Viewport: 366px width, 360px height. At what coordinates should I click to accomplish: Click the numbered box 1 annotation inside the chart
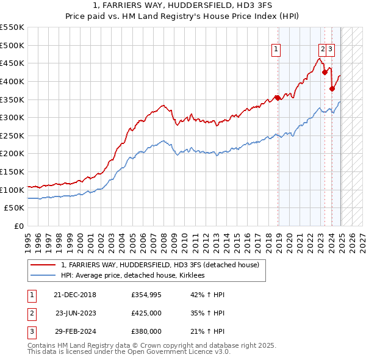click(x=276, y=50)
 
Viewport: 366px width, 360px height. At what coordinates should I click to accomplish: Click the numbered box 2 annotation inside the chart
click(x=322, y=50)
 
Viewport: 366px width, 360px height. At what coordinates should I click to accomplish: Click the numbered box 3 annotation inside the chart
click(x=330, y=50)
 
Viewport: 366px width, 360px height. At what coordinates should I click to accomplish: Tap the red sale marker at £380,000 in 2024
click(x=332, y=88)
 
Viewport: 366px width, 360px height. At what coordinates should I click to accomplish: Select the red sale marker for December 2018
click(x=278, y=97)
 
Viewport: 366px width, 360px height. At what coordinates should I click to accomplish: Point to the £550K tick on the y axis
click(x=13, y=27)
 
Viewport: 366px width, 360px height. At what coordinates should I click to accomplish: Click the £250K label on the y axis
click(x=13, y=136)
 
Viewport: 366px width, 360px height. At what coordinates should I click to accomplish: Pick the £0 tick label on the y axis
click(x=19, y=226)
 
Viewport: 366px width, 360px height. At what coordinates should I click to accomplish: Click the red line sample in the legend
click(x=43, y=265)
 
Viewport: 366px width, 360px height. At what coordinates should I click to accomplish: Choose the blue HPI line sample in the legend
click(x=43, y=276)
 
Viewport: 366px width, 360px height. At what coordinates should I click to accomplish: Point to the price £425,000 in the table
click(x=146, y=314)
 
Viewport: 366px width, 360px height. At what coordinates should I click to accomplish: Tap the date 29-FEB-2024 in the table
click(x=74, y=332)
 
